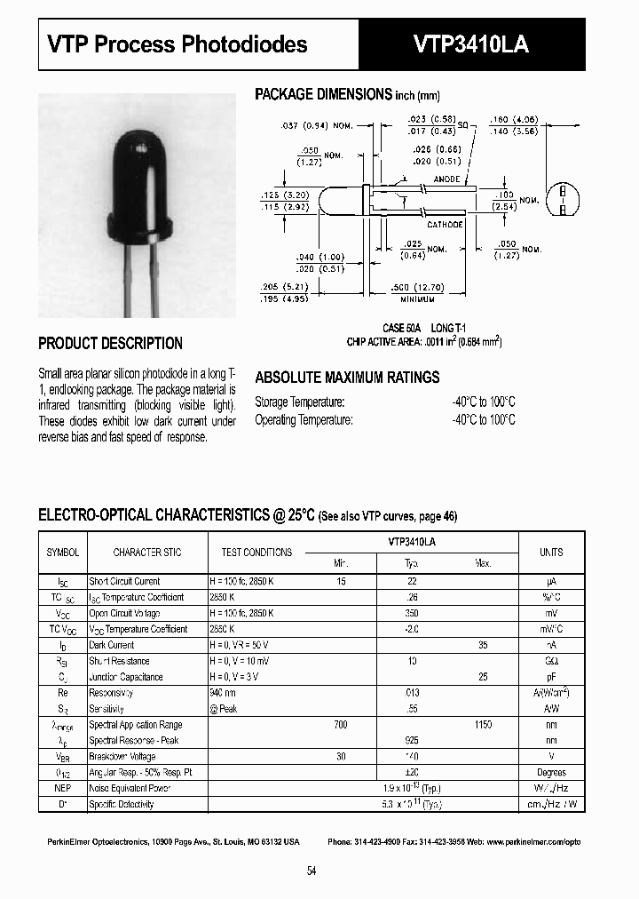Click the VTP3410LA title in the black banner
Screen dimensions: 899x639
(471, 44)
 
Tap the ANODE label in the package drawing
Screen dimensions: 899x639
(446, 179)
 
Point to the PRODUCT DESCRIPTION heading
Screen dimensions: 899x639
(111, 344)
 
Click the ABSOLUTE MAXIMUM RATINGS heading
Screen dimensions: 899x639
(347, 378)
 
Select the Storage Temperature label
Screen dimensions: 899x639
(299, 402)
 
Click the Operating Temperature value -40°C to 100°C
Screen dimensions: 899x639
(483, 420)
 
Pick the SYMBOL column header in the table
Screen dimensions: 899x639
(62, 553)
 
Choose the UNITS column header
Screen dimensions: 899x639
(551, 553)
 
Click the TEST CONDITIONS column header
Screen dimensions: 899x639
(251, 553)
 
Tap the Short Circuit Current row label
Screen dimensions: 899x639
(124, 582)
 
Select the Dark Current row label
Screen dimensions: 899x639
(112, 645)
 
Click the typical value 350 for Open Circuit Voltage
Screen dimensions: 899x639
(412, 614)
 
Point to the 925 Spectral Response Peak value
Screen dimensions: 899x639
(412, 741)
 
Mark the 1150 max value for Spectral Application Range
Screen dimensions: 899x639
(483, 725)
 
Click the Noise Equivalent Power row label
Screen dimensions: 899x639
(130, 789)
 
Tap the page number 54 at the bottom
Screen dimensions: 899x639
(312, 871)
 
